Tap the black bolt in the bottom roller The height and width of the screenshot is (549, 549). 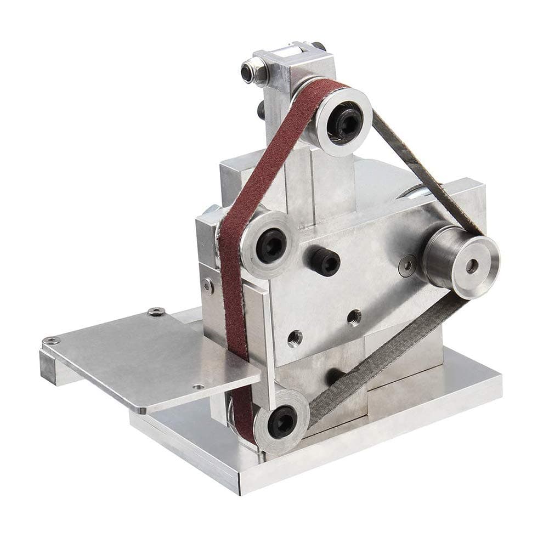pyautogui.click(x=283, y=421)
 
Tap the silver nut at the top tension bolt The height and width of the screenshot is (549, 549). pyautogui.click(x=254, y=71)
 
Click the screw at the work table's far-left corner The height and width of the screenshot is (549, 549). pyautogui.click(x=50, y=341)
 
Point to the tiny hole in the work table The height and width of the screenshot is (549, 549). pyautogui.click(x=199, y=386)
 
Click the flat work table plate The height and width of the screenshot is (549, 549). pyautogui.click(x=148, y=356)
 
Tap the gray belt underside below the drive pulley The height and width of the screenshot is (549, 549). pyautogui.click(x=384, y=351)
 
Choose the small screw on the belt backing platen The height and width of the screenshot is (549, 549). pyautogui.click(x=207, y=285)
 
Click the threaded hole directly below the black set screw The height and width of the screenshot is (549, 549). pyautogui.click(x=354, y=316)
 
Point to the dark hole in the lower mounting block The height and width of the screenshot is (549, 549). pyautogui.click(x=333, y=376)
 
